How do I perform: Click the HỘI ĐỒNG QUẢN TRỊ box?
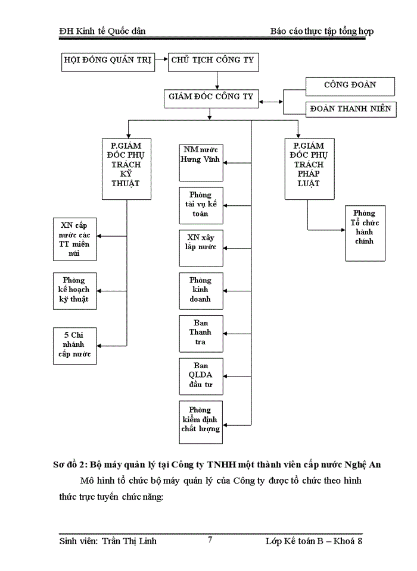[x=107, y=61]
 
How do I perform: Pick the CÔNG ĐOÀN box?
[x=350, y=86]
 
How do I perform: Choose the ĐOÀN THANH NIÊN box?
[x=350, y=108]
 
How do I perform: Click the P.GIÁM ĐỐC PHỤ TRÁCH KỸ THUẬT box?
[x=126, y=164]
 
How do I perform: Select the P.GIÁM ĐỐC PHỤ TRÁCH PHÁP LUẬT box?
[x=310, y=164]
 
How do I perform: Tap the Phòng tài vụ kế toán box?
[x=201, y=205]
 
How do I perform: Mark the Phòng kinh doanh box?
[x=201, y=290]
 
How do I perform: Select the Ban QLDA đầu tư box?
[x=201, y=375]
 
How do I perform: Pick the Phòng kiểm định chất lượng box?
[x=201, y=422]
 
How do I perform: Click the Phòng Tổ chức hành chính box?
[x=365, y=233]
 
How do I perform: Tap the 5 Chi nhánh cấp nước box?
[x=74, y=345]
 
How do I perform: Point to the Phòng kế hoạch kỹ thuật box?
[x=74, y=290]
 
